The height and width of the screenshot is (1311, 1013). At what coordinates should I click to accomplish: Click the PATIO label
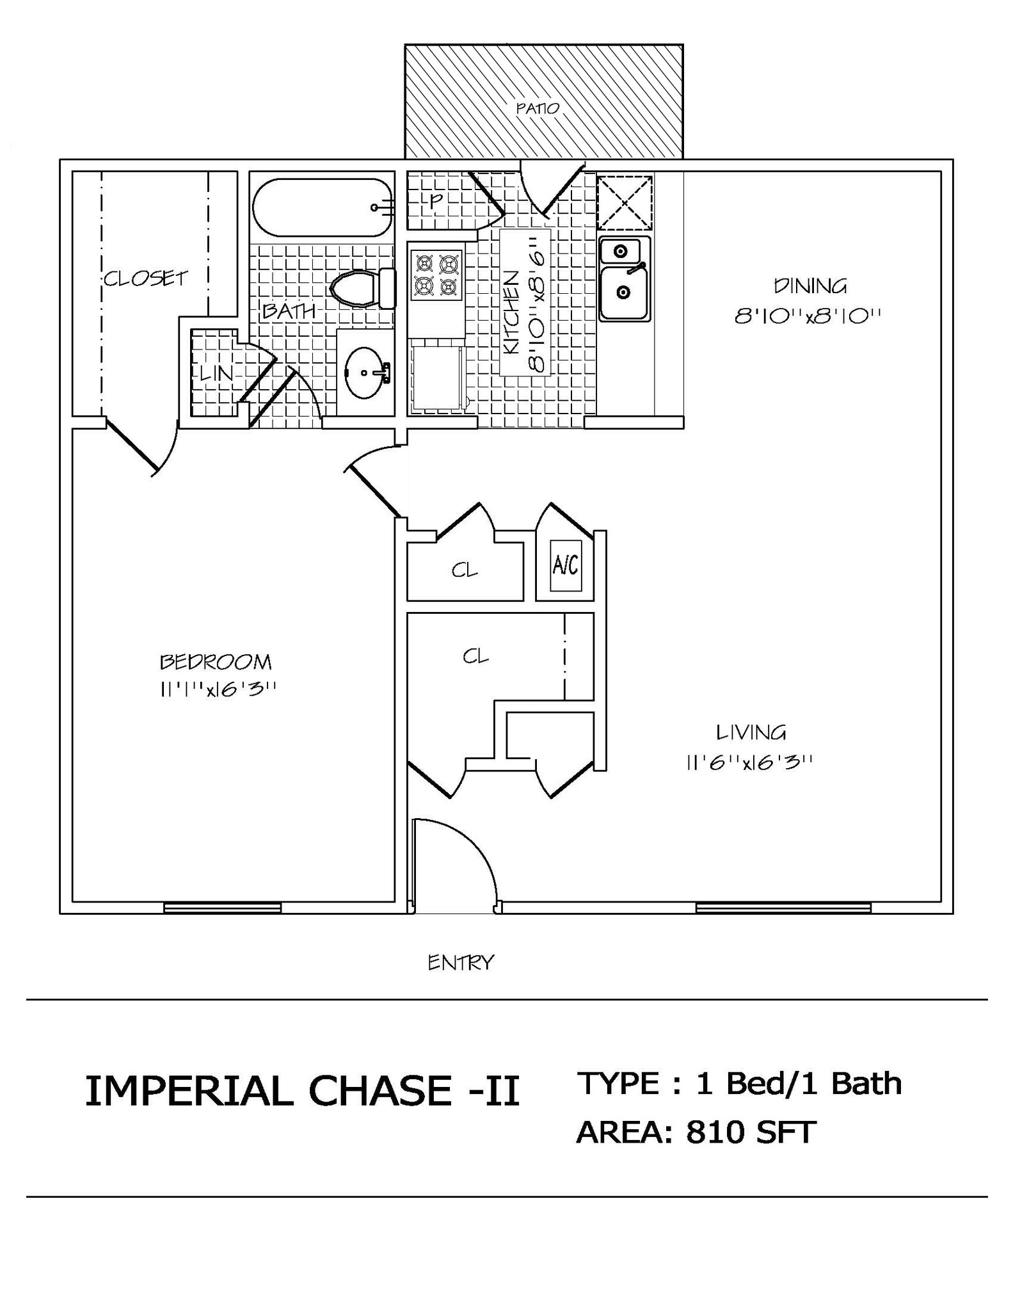pos(538,108)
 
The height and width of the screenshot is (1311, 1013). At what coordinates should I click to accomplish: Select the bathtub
pos(322,207)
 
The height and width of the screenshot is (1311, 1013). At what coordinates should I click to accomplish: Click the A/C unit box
pos(565,565)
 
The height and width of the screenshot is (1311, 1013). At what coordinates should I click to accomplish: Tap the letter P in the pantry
pos(435,201)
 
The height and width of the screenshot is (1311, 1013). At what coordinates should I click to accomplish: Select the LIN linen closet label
pos(216,373)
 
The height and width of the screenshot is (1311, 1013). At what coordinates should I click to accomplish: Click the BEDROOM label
pos(216,661)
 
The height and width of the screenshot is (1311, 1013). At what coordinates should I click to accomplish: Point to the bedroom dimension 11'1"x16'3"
pos(218,689)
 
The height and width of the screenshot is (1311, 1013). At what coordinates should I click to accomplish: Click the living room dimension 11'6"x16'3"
pos(749,762)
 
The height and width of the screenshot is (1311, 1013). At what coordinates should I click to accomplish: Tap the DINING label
pos(810,286)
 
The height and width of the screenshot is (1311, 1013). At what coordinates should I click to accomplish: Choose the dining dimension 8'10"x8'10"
pos(808,316)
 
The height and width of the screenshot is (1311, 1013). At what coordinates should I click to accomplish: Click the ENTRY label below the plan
pos(461,962)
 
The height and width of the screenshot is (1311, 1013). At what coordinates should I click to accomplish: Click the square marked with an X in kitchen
pos(624,203)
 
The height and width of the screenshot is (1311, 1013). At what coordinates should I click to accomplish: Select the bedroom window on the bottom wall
pos(222,907)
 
